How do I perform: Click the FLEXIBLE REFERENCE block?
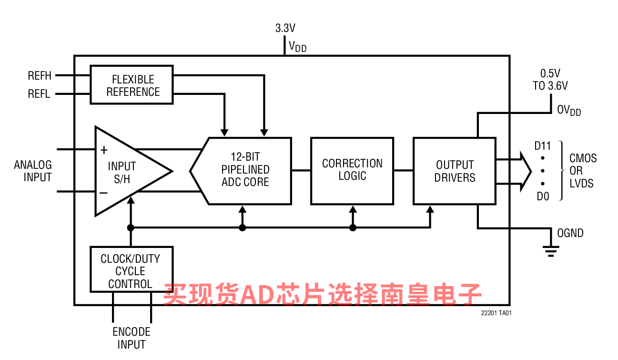click(132, 85)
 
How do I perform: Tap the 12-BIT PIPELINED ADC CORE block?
click(245, 170)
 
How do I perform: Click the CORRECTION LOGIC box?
click(352, 170)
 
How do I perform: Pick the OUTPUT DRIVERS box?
click(455, 171)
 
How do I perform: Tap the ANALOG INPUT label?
click(33, 171)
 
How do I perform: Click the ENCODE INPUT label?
click(131, 338)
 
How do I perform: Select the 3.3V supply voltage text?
click(285, 28)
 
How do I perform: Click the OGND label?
click(570, 233)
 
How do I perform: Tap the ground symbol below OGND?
click(551, 250)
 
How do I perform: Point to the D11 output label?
click(542, 146)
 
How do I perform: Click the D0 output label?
click(543, 195)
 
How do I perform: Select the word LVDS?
click(581, 184)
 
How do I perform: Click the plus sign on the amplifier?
click(104, 150)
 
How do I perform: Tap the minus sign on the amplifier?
click(103, 193)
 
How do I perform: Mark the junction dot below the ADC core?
click(243, 228)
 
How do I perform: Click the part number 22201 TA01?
click(496, 313)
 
